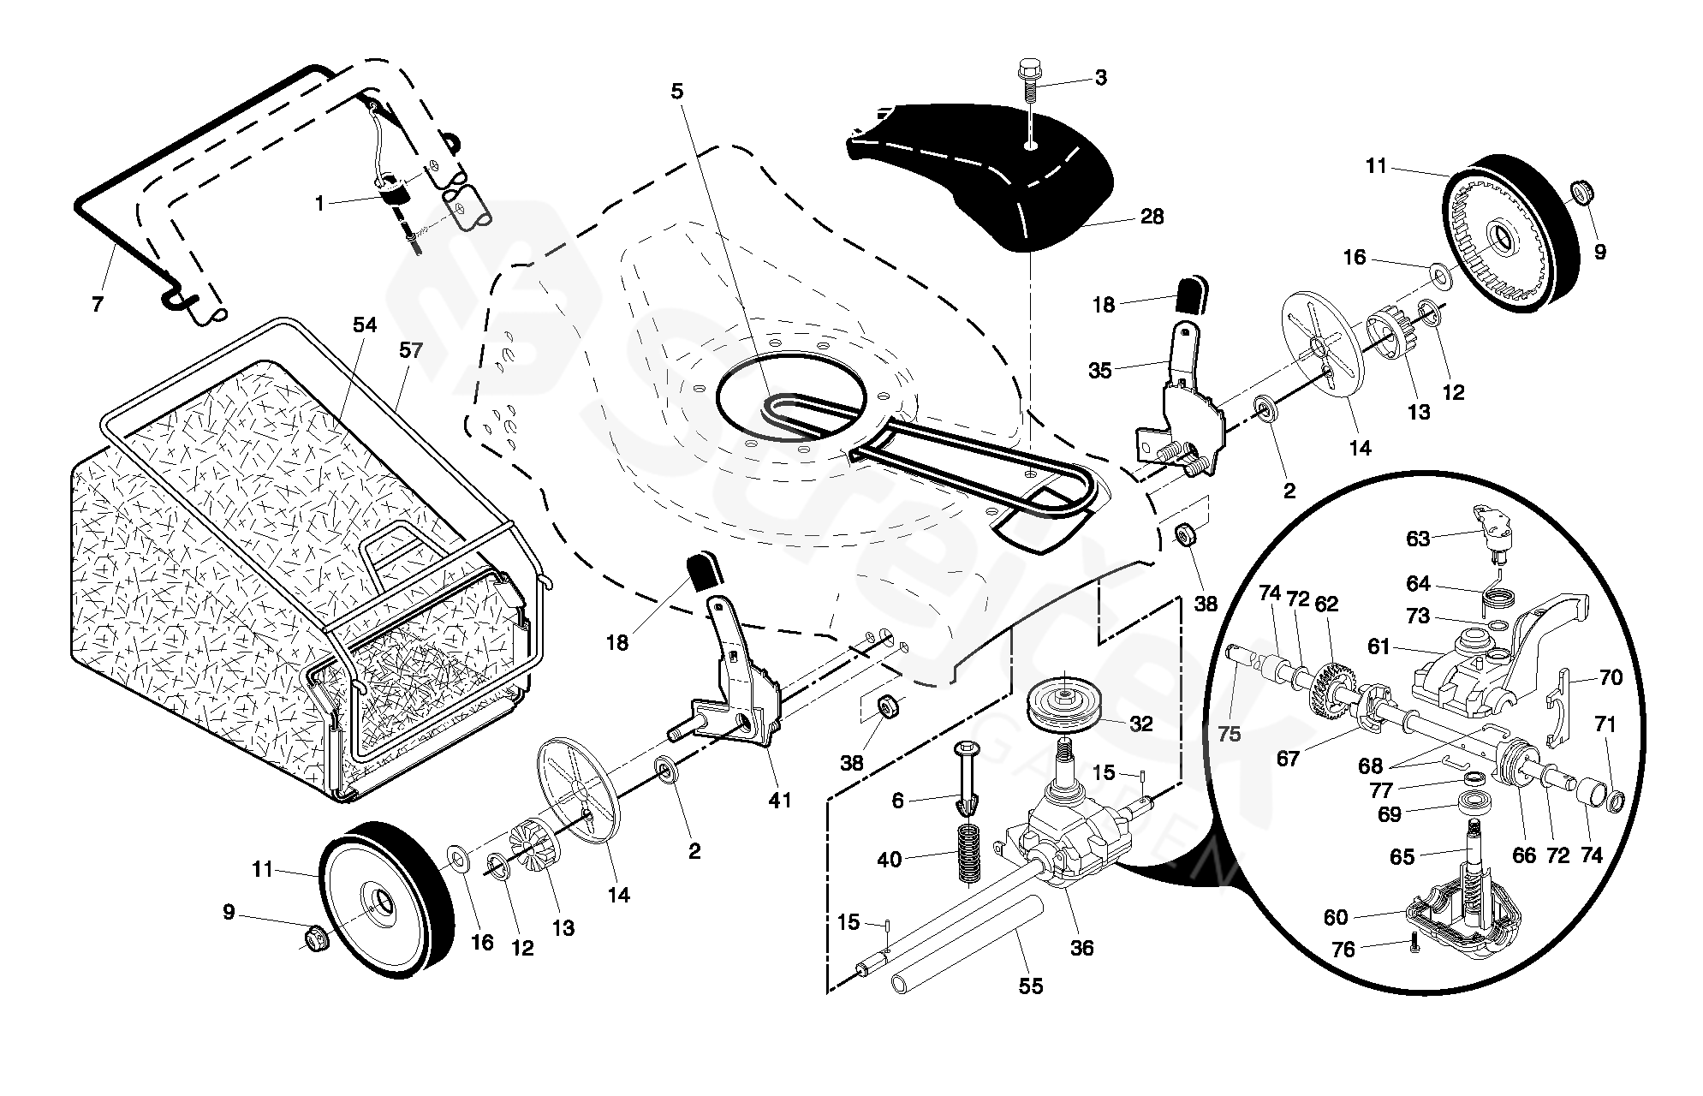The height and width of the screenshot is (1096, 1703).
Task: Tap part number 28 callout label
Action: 1152,217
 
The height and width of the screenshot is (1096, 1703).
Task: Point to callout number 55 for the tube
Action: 1031,986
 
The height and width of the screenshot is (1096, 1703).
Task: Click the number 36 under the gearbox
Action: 1082,948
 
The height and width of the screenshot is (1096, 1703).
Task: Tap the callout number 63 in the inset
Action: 1418,539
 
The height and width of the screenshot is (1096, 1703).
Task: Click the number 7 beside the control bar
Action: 97,304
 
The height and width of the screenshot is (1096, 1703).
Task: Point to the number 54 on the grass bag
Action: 365,325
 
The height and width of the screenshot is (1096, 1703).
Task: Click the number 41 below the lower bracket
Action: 779,800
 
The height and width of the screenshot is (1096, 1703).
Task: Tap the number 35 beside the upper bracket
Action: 1099,371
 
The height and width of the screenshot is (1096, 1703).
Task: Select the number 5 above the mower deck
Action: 677,92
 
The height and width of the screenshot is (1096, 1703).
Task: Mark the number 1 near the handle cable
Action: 319,204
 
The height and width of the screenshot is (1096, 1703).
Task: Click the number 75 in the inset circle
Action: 1230,735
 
